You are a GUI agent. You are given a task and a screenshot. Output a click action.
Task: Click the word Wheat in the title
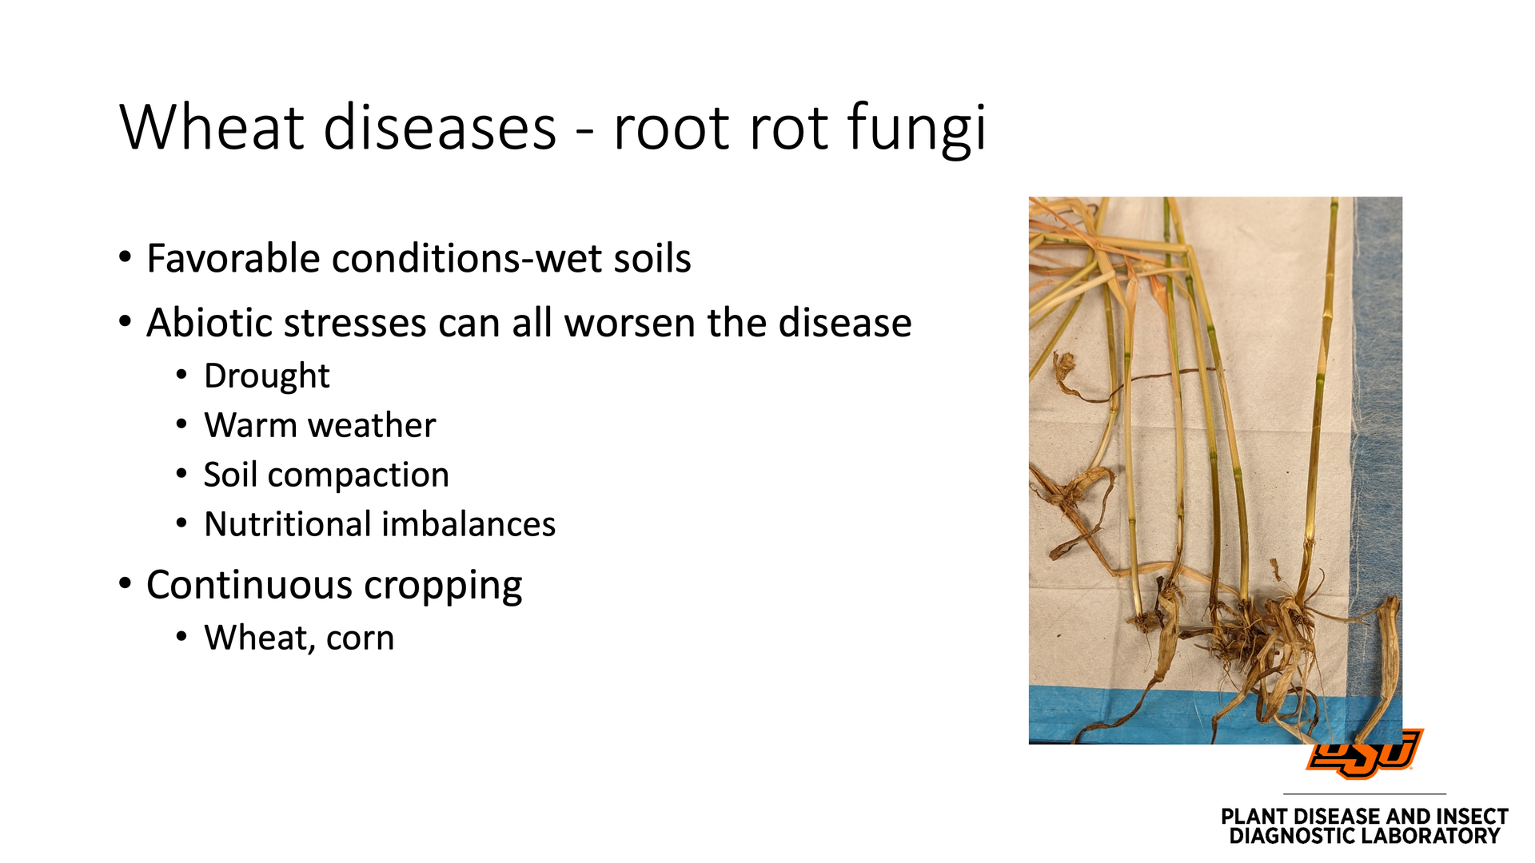point(212,127)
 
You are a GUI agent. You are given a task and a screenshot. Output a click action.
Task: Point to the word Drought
point(267,376)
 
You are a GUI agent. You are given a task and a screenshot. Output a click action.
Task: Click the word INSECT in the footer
point(1472,817)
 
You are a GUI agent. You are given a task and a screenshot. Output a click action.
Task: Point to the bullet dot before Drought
point(182,376)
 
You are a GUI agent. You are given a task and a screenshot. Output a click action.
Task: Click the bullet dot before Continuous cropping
point(125,583)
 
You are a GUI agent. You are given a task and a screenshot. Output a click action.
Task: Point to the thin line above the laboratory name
point(1365,793)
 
